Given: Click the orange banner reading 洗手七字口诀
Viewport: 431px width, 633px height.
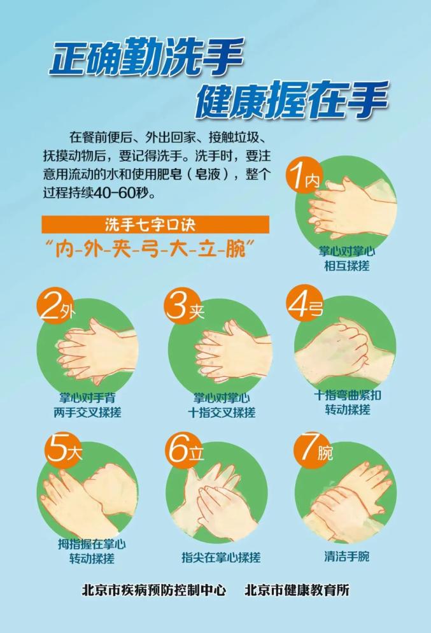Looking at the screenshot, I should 155,224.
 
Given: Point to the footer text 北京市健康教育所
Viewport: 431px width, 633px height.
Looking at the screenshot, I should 297,590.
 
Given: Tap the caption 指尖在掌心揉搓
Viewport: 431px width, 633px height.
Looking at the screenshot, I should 221,557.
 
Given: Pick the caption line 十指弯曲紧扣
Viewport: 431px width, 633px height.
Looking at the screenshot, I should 348,395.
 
